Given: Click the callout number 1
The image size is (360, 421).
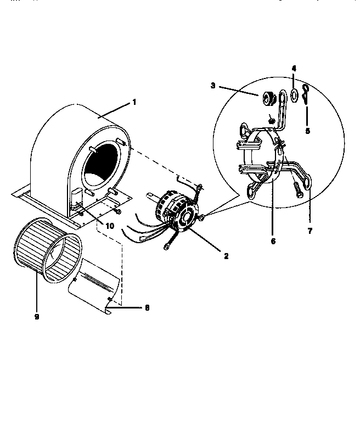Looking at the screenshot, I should point(133,102).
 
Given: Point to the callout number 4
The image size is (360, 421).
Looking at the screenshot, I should point(294,69).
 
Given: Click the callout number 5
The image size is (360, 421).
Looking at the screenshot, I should point(307,131).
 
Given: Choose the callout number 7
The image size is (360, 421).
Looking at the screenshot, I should point(310,231).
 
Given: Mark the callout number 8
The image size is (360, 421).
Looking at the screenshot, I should point(147,308).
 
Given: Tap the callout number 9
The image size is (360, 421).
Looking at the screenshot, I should point(36,317).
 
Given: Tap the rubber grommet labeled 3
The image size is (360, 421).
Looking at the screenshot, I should point(268,98).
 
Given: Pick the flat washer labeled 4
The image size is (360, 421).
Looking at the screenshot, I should point(294,95).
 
